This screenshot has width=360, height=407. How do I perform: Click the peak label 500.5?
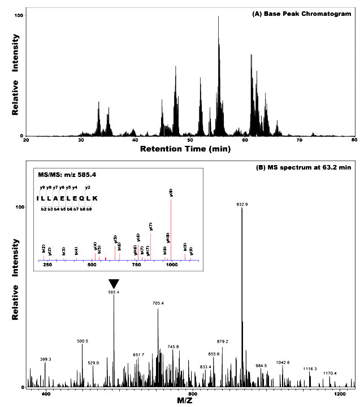coord(83,341)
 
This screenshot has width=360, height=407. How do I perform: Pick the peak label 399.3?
coord(45,359)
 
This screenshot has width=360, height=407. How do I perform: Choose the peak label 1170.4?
coord(330,373)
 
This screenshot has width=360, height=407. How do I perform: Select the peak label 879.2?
coord(223,341)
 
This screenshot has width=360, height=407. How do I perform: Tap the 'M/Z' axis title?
coord(193,400)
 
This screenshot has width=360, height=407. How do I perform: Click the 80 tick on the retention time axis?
coord(354,140)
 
